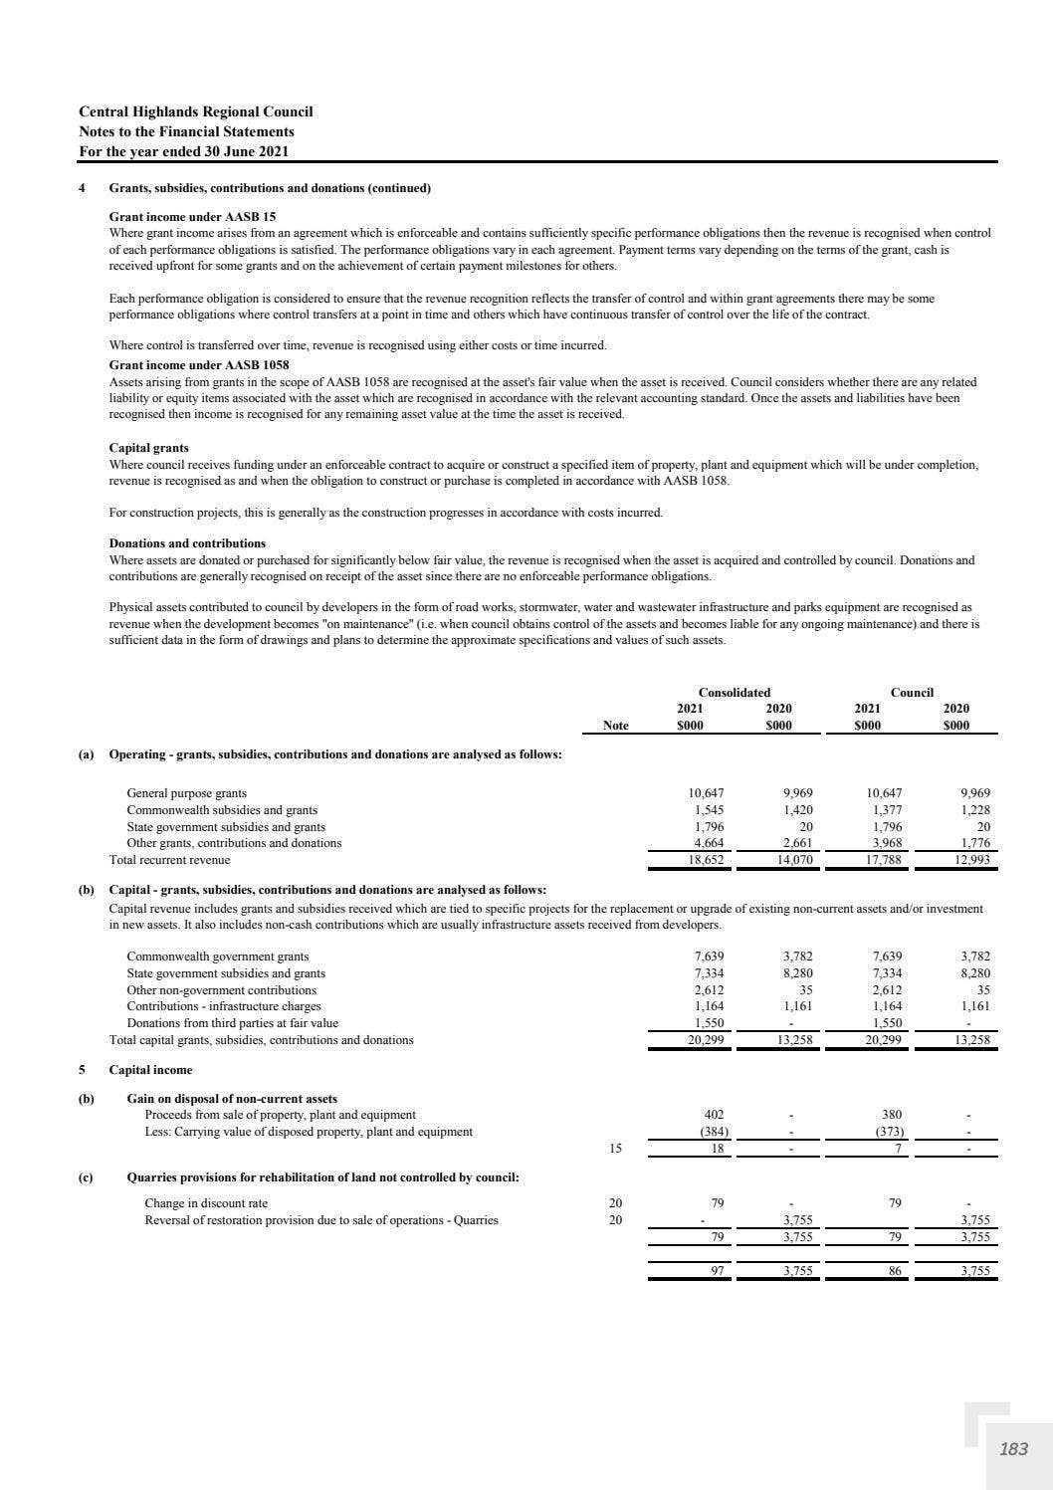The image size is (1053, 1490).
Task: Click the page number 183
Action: [1013, 1449]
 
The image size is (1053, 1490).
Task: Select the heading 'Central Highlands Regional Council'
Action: [195, 111]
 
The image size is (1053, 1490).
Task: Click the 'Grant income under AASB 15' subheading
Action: [192, 216]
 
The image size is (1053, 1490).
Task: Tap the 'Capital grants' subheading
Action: [148, 448]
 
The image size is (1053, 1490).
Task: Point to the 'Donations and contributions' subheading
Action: [187, 543]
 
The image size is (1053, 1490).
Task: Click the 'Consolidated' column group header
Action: [734, 692]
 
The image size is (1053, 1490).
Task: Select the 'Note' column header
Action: [616, 726]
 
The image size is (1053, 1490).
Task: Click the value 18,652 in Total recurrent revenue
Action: [707, 860]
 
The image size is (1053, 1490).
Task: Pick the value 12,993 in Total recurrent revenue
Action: [972, 860]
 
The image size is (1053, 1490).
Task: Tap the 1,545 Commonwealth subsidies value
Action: [709, 810]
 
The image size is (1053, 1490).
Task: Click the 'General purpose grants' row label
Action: [187, 793]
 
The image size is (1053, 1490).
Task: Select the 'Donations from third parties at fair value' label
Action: [232, 1023]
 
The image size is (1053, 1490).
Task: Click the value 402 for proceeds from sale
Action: [714, 1115]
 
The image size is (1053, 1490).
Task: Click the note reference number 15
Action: [615, 1149]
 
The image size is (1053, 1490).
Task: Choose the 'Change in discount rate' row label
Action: [206, 1203]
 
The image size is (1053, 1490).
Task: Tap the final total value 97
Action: [716, 1271]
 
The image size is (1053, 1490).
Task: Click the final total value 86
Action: [895, 1271]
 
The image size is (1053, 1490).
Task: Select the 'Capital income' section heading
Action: [150, 1070]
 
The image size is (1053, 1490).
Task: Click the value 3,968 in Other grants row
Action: [885, 843]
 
